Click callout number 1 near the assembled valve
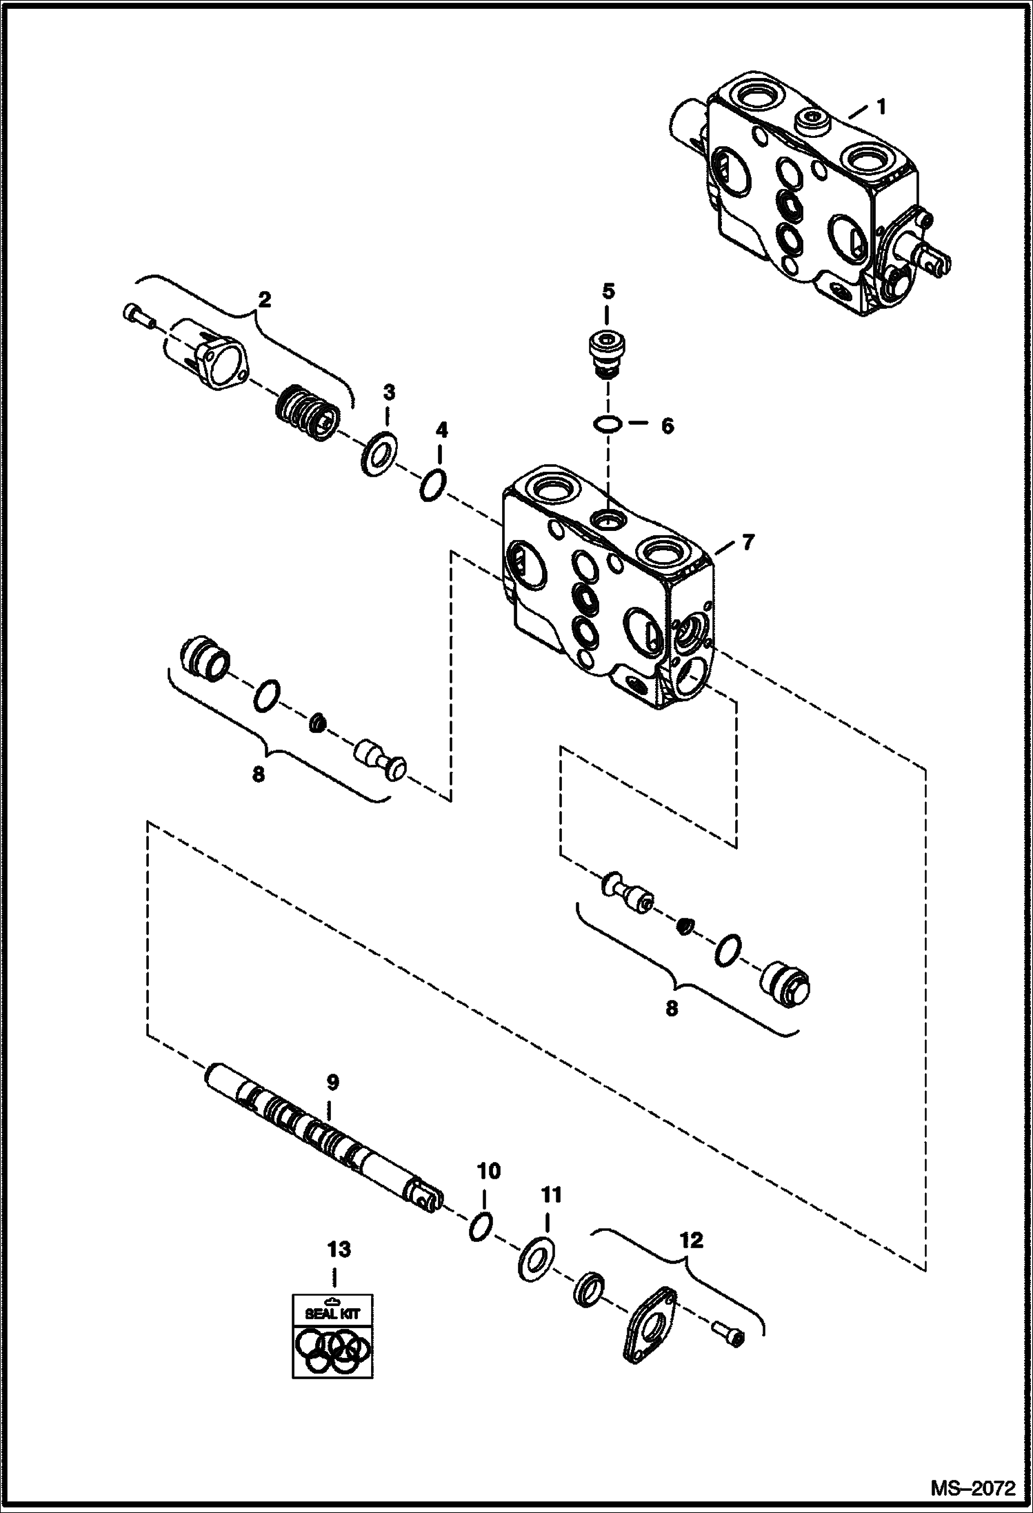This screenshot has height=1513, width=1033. [881, 106]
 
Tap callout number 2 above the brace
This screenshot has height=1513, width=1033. [264, 299]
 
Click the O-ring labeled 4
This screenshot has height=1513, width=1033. [433, 487]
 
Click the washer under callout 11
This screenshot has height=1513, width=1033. [537, 1259]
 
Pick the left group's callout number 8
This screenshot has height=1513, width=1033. [258, 774]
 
